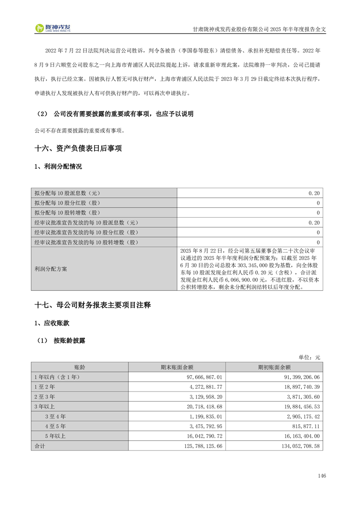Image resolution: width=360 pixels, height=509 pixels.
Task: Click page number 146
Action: (x=322, y=476)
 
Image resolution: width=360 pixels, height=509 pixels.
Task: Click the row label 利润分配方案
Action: (x=50, y=269)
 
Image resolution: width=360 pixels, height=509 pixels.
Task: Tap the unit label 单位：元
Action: (x=309, y=357)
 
